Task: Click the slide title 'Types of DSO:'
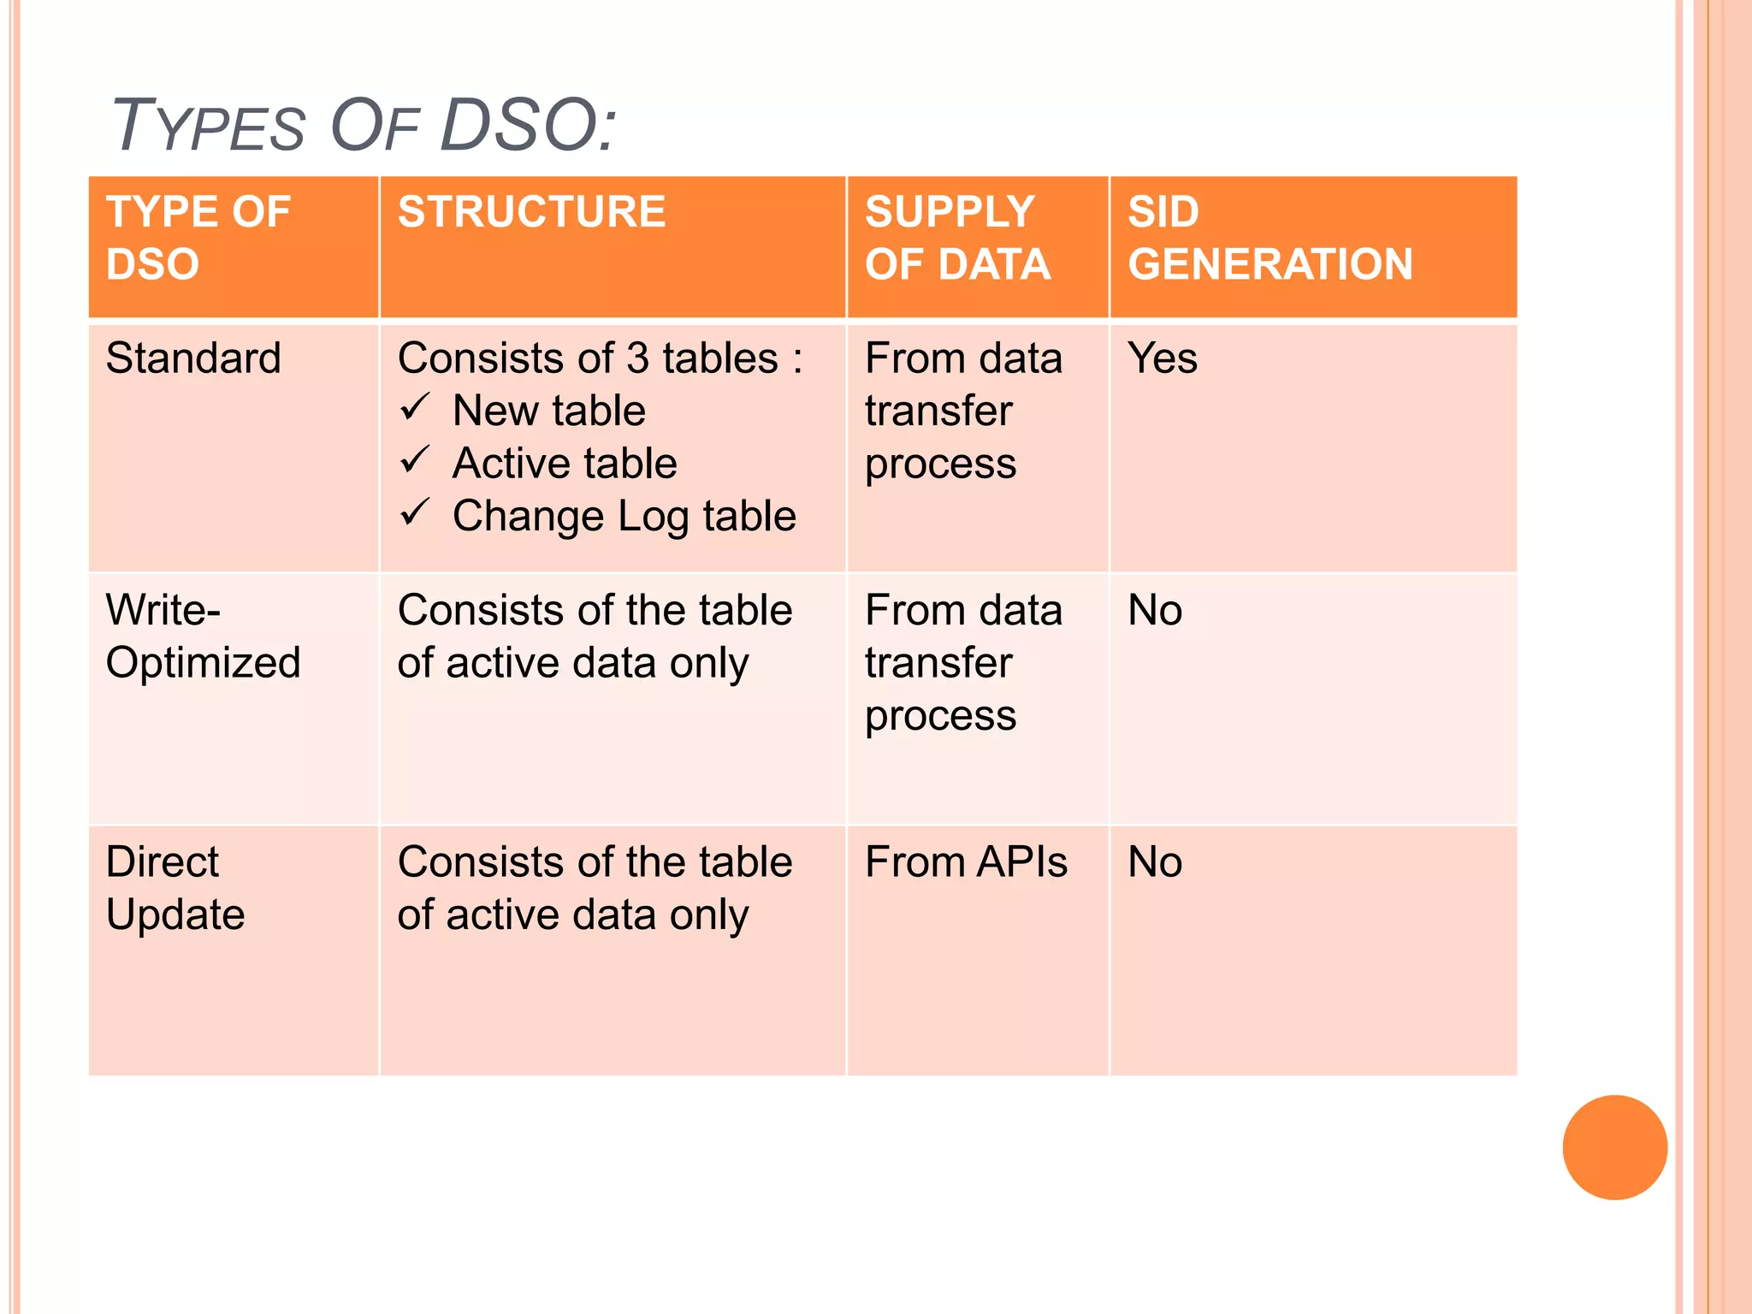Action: (364, 127)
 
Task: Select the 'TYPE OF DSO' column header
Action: (198, 238)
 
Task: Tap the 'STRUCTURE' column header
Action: (531, 212)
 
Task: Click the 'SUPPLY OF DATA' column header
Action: (957, 238)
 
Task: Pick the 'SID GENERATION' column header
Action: (1270, 238)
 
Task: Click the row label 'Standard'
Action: (193, 358)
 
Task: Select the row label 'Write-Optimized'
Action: (203, 637)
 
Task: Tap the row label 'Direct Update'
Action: (175, 888)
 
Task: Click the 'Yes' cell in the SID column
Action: (1162, 358)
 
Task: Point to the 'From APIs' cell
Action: (966, 862)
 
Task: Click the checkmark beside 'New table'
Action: (415, 408)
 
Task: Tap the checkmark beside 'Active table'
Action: (415, 461)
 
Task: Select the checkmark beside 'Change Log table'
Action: (415, 513)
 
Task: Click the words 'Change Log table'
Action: (624, 517)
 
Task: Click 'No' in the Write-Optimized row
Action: (1155, 611)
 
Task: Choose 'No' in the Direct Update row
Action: (1155, 862)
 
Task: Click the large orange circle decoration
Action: (1614, 1147)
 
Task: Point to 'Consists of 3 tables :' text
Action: (600, 358)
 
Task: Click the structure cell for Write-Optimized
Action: (595, 637)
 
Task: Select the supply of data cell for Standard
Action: (963, 411)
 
